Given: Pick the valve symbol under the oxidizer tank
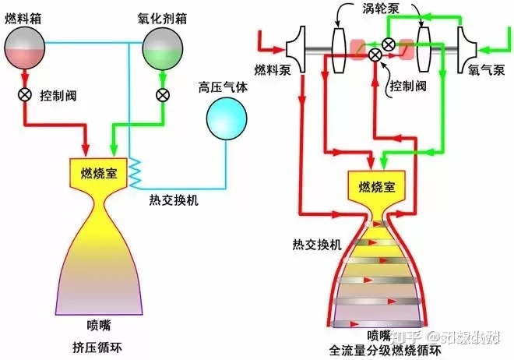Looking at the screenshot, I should [x=163, y=95].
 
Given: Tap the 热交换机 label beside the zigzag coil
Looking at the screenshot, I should [x=174, y=199].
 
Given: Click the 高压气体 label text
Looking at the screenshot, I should [x=223, y=87].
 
